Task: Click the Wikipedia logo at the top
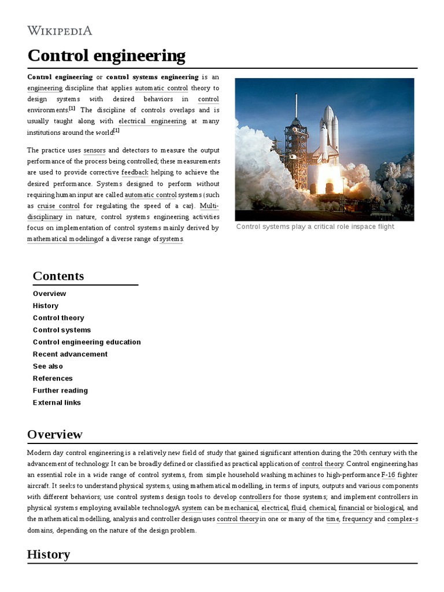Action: [60, 31]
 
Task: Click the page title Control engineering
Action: [106, 56]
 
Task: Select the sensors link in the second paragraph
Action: [95, 150]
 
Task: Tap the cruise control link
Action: [58, 206]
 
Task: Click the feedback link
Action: [135, 172]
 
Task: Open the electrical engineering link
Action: [152, 121]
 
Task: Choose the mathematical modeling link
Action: [62, 239]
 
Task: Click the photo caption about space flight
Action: [315, 227]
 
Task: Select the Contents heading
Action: [58, 276]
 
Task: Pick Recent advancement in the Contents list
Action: [70, 354]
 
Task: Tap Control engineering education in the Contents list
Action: [87, 342]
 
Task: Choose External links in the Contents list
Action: [57, 402]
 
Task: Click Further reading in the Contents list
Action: [60, 390]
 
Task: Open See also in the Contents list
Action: [48, 366]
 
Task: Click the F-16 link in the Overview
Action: [388, 475]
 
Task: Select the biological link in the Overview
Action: [388, 508]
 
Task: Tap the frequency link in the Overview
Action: [357, 519]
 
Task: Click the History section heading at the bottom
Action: [49, 554]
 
